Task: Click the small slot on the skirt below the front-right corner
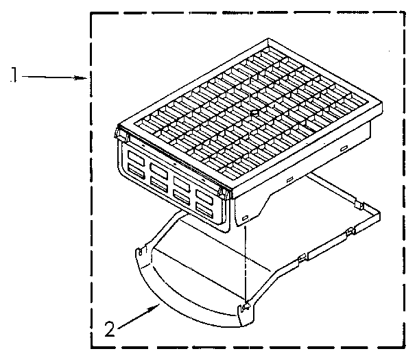[244, 219]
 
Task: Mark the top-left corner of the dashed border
[93, 13]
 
